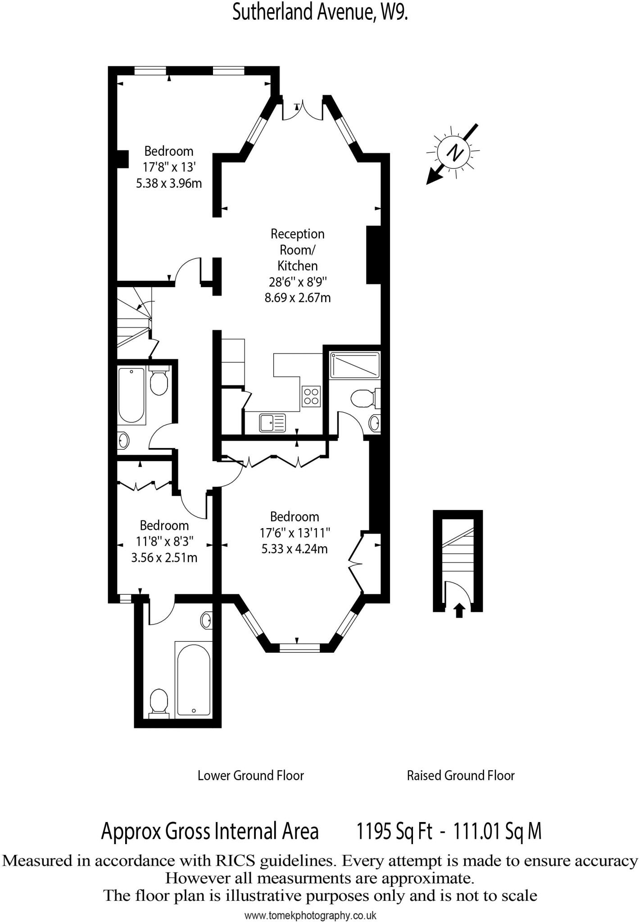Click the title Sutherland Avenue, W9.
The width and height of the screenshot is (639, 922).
(x=320, y=13)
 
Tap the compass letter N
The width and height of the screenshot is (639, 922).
(x=455, y=152)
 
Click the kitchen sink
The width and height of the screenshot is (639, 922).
(x=272, y=423)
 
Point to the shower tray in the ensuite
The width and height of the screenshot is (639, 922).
(x=355, y=365)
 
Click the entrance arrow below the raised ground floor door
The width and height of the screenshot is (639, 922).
(x=459, y=610)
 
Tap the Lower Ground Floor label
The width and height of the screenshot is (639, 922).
(x=251, y=775)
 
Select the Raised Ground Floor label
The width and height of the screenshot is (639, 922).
(x=460, y=775)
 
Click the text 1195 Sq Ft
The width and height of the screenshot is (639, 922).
(x=394, y=831)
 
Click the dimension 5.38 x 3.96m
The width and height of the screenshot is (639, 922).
(x=169, y=183)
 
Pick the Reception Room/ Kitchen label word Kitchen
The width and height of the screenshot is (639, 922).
(x=297, y=266)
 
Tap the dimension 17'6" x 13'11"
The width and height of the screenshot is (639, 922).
(x=295, y=533)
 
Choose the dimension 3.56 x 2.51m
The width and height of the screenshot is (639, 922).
(x=164, y=558)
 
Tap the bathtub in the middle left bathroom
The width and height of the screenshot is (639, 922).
(x=131, y=395)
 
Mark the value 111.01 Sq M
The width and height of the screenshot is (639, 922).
(x=497, y=831)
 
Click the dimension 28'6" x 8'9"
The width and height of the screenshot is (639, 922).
(x=297, y=282)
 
